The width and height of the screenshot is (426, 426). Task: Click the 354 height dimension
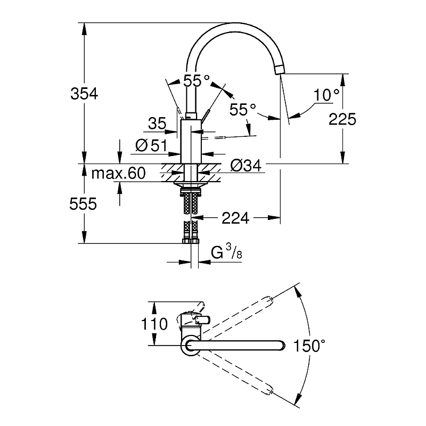pyautogui.click(x=84, y=94)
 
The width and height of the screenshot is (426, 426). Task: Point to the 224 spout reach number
pyautogui.click(x=236, y=217)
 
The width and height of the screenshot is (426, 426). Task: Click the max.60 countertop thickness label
pyautogui.click(x=118, y=173)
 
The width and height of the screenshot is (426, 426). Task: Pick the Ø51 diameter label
pyautogui.click(x=151, y=145)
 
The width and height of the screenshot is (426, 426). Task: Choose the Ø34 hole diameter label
pyautogui.click(x=245, y=166)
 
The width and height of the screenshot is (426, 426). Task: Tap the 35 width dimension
pyautogui.click(x=158, y=124)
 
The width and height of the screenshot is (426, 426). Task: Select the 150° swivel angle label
pyautogui.click(x=308, y=347)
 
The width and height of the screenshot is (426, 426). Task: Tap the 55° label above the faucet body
pyautogui.click(x=196, y=81)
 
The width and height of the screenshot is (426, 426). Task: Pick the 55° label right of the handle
pyautogui.click(x=243, y=110)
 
